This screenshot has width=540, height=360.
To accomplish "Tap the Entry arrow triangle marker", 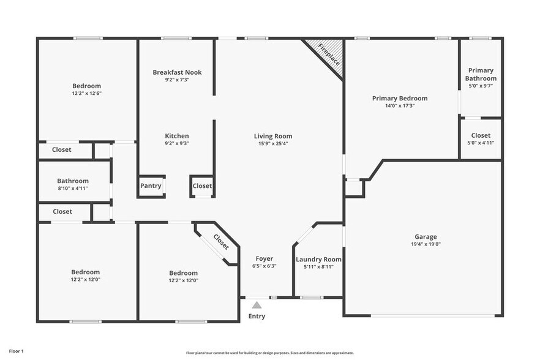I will point(257,304).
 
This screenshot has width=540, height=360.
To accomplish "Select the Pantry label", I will point(151,186).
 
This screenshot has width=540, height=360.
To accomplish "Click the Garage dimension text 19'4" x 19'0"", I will point(426,244).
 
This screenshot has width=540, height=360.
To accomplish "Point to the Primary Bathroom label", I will point(481,75).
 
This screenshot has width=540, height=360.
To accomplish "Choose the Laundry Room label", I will point(318,260).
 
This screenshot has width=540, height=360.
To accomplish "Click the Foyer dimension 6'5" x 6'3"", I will point(264,266).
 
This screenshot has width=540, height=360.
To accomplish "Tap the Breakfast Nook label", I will point(177,72).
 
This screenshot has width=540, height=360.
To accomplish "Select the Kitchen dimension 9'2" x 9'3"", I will point(177,143).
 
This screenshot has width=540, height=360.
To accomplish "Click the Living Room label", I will point(273,136).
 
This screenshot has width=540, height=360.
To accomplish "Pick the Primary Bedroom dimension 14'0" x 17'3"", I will point(400,106).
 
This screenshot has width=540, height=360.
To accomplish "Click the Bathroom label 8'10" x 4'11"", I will point(73,181).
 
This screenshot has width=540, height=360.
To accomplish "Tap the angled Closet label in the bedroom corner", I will point(220,242).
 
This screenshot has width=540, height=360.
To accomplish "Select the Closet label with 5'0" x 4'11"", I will point(481,136).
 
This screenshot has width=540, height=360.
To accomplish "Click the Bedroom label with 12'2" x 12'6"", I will point(86,86).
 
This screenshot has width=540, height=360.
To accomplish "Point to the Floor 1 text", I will point(16,351).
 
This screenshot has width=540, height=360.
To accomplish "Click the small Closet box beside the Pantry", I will point(202,186).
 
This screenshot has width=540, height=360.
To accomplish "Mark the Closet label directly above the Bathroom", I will point(62,150).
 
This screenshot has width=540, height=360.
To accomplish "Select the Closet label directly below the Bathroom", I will point(62,212).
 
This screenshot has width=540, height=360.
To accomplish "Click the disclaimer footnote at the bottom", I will point(270,353).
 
